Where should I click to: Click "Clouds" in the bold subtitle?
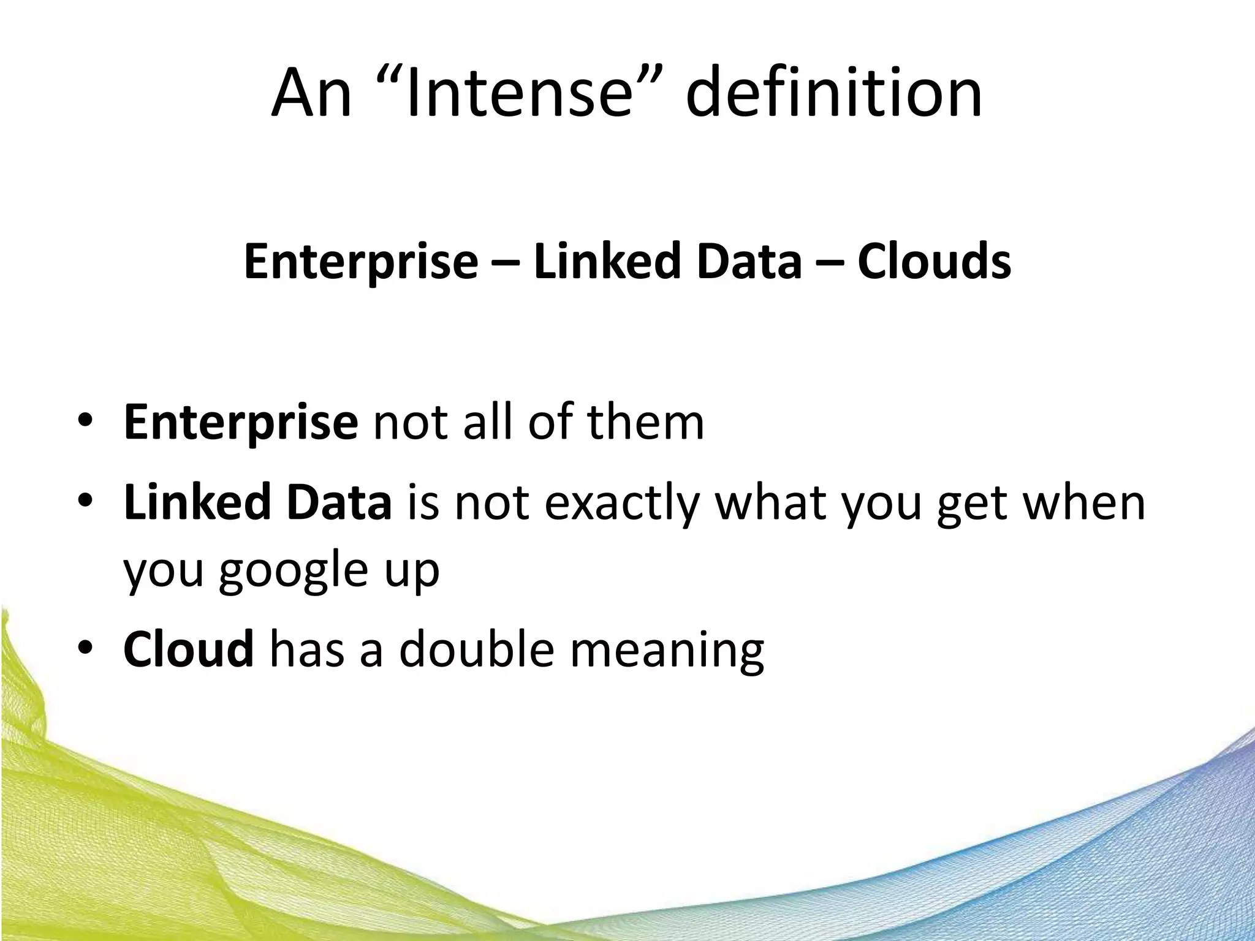pyautogui.click(x=934, y=262)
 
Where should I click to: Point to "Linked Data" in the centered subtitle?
pyautogui.click(x=667, y=262)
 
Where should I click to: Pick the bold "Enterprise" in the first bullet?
pyautogui.click(x=240, y=423)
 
